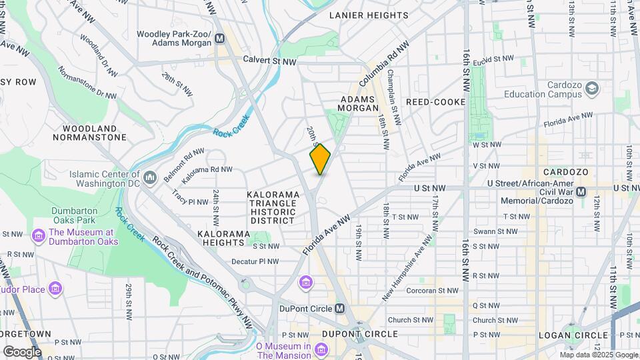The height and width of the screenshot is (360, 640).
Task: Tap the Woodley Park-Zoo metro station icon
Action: [219, 39]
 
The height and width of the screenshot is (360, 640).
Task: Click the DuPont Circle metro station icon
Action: [341, 309]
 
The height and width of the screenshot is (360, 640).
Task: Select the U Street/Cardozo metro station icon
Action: [581, 191]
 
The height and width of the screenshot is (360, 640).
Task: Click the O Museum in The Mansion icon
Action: [321, 349]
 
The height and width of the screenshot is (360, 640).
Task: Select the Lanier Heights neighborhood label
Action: [369, 15]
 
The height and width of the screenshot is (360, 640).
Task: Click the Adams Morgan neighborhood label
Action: [359, 103]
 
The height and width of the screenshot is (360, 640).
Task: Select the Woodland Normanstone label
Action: [94, 133]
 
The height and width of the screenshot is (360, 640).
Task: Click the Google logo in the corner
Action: [22, 351]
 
